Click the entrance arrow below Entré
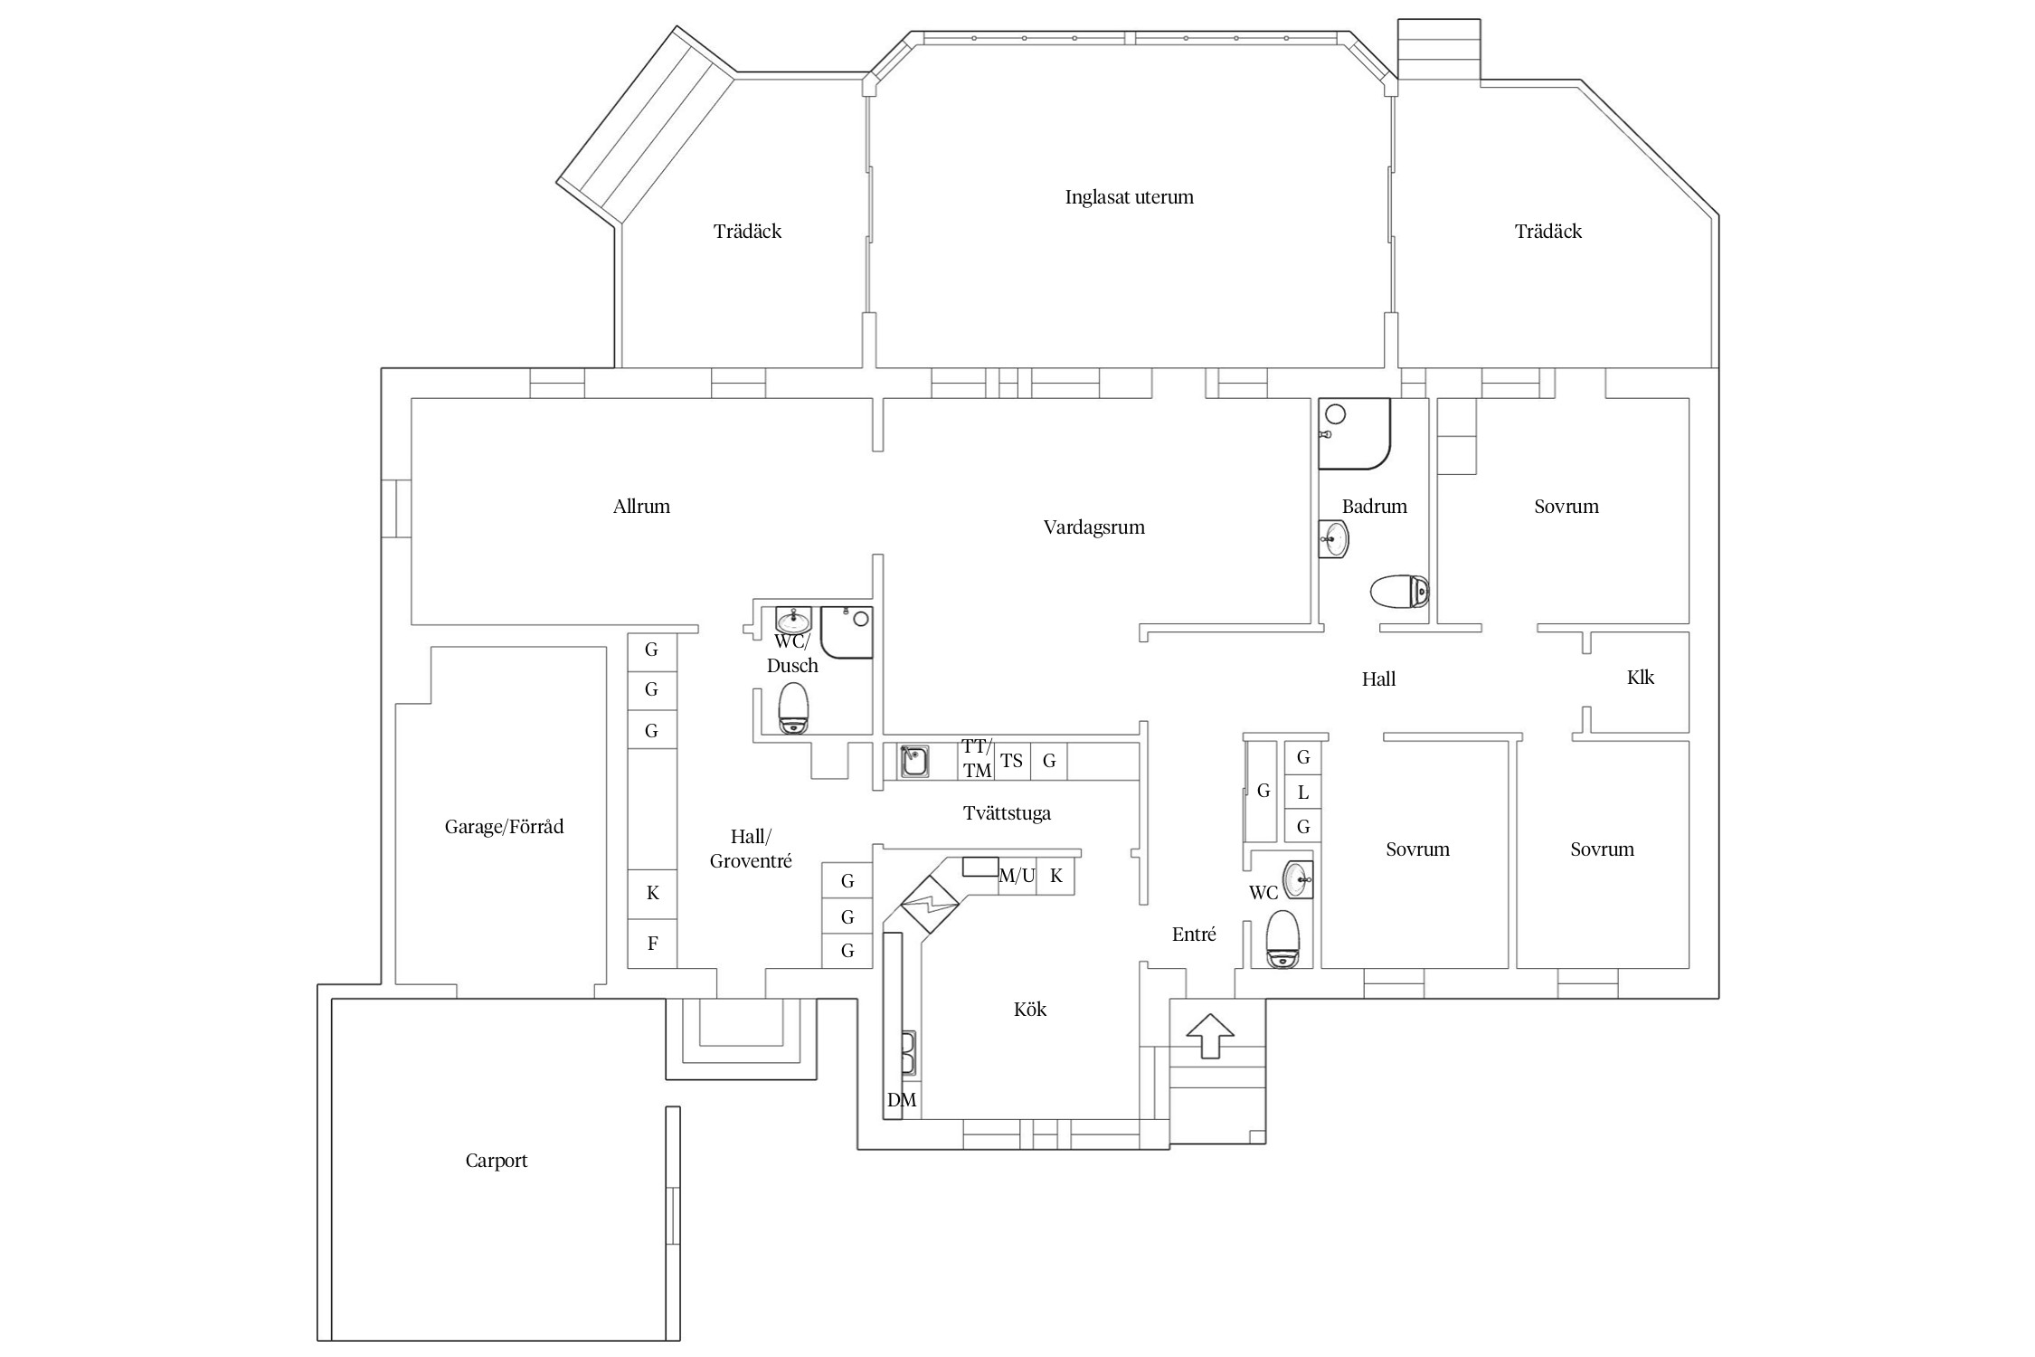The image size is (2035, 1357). pyautogui.click(x=1209, y=1035)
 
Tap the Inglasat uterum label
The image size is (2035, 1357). pyautogui.click(x=1129, y=197)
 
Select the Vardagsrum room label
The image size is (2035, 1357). pyautogui.click(x=1093, y=527)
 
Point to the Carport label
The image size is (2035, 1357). pyautogui.click(x=496, y=1161)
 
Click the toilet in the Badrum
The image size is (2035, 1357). pyautogui.click(x=1398, y=593)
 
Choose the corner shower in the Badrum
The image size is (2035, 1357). pyautogui.click(x=1354, y=433)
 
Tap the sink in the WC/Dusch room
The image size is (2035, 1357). pyautogui.click(x=794, y=621)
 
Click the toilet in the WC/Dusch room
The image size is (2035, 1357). pyautogui.click(x=793, y=708)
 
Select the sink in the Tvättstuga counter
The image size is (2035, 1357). pyautogui.click(x=913, y=761)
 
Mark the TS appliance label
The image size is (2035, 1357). pyautogui.click(x=1011, y=761)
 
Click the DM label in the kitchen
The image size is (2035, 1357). pyautogui.click(x=901, y=1100)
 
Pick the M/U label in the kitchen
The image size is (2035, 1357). pyautogui.click(x=1017, y=876)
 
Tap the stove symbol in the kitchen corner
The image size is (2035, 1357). pyautogui.click(x=930, y=903)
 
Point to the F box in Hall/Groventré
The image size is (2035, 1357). pyautogui.click(x=652, y=944)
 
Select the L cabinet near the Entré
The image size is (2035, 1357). pyautogui.click(x=1302, y=792)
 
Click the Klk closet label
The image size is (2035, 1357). pyautogui.click(x=1640, y=678)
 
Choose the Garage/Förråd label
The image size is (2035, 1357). pyautogui.click(x=504, y=827)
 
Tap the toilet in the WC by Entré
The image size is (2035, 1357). pyautogui.click(x=1282, y=939)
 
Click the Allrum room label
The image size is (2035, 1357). pyautogui.click(x=641, y=507)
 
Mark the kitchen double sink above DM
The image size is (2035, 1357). pyautogui.click(x=908, y=1055)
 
